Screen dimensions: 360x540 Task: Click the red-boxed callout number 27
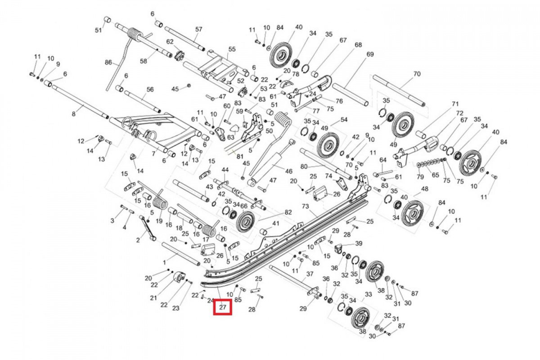pos(223,308)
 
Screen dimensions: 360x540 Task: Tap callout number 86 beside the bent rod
pos(108,62)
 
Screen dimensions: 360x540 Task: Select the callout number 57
pos(199,29)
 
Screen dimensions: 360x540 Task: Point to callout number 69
pos(370,54)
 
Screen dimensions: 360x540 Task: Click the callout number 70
pos(417,73)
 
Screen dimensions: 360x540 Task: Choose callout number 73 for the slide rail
pos(306,206)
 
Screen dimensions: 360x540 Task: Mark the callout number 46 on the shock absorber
pos(288,171)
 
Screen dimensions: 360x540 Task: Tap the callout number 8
pos(74,114)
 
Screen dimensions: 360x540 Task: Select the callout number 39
pos(359,243)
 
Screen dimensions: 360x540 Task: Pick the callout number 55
pos(232,49)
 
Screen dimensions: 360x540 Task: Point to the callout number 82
pos(288,212)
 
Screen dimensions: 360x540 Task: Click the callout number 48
pos(424,189)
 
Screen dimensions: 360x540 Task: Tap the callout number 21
pos(153,298)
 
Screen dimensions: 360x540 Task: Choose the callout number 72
pos(459,112)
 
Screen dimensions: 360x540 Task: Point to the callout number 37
pos(310,274)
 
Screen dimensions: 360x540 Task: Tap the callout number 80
pos(304,166)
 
